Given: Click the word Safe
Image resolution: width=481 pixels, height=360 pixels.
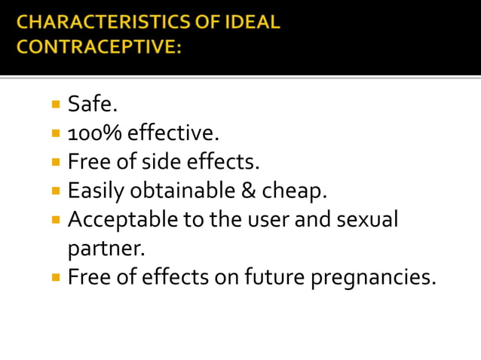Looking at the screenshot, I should tap(93, 105).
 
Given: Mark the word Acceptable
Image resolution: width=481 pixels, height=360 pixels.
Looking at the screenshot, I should tap(120, 221).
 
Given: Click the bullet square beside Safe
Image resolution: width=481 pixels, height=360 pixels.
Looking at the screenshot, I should tap(56, 104).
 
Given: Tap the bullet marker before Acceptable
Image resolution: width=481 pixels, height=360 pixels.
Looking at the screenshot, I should tap(56, 220).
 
